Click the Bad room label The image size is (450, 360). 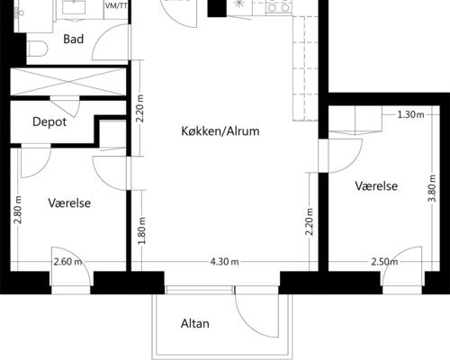coord(73,39)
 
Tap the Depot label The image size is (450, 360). coord(49,122)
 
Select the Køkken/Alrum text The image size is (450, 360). coord(220,131)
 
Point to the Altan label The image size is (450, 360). coord(195,324)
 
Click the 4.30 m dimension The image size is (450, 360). coord(224,262)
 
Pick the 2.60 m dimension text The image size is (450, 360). coord(67,262)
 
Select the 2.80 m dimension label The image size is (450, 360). coord(18,210)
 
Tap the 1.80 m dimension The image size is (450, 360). coord(142,230)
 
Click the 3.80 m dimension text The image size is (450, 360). coord(433,188)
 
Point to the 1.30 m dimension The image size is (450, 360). coord(410,114)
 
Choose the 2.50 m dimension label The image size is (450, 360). coord(384,262)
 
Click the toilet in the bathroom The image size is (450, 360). coord(37,49)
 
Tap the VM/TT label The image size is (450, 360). coord(116,6)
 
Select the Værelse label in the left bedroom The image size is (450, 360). coord(69,203)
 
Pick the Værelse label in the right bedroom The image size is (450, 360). coord(376,186)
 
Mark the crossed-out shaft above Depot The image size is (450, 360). coord(68,82)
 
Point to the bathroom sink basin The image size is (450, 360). coord(74,7)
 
